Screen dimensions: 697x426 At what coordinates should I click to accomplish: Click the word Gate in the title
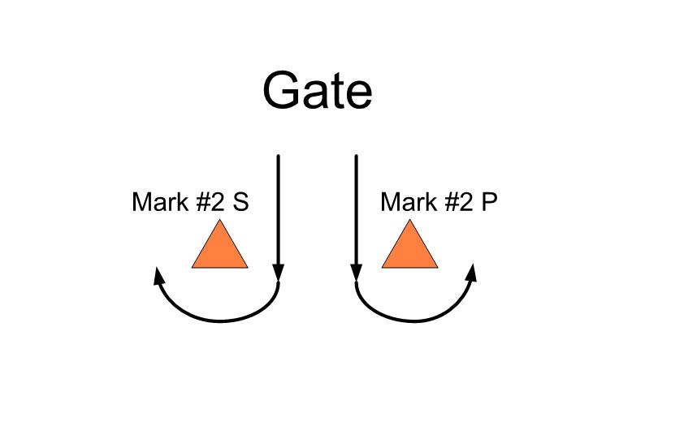coord(318,90)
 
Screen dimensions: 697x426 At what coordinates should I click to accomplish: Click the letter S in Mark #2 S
coord(240,202)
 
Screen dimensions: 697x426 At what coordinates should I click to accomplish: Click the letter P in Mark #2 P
coord(489,202)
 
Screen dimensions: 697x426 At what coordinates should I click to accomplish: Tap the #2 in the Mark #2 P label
coord(459,202)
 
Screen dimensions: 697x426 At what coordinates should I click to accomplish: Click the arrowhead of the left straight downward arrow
coord(279,272)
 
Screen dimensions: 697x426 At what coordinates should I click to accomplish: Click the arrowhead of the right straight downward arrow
coord(356,272)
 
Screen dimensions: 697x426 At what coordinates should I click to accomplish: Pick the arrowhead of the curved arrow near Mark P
coord(472,273)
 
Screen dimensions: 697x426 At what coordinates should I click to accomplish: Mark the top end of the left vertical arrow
coord(279,156)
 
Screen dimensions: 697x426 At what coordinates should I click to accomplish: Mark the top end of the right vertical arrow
coord(356,156)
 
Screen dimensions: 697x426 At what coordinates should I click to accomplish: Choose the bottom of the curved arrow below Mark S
coord(221,321)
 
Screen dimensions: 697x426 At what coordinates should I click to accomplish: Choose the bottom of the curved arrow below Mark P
coord(414,321)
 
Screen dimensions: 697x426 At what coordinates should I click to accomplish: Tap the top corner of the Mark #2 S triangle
coord(219,219)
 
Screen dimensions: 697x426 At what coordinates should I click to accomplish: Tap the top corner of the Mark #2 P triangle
coord(410,219)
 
